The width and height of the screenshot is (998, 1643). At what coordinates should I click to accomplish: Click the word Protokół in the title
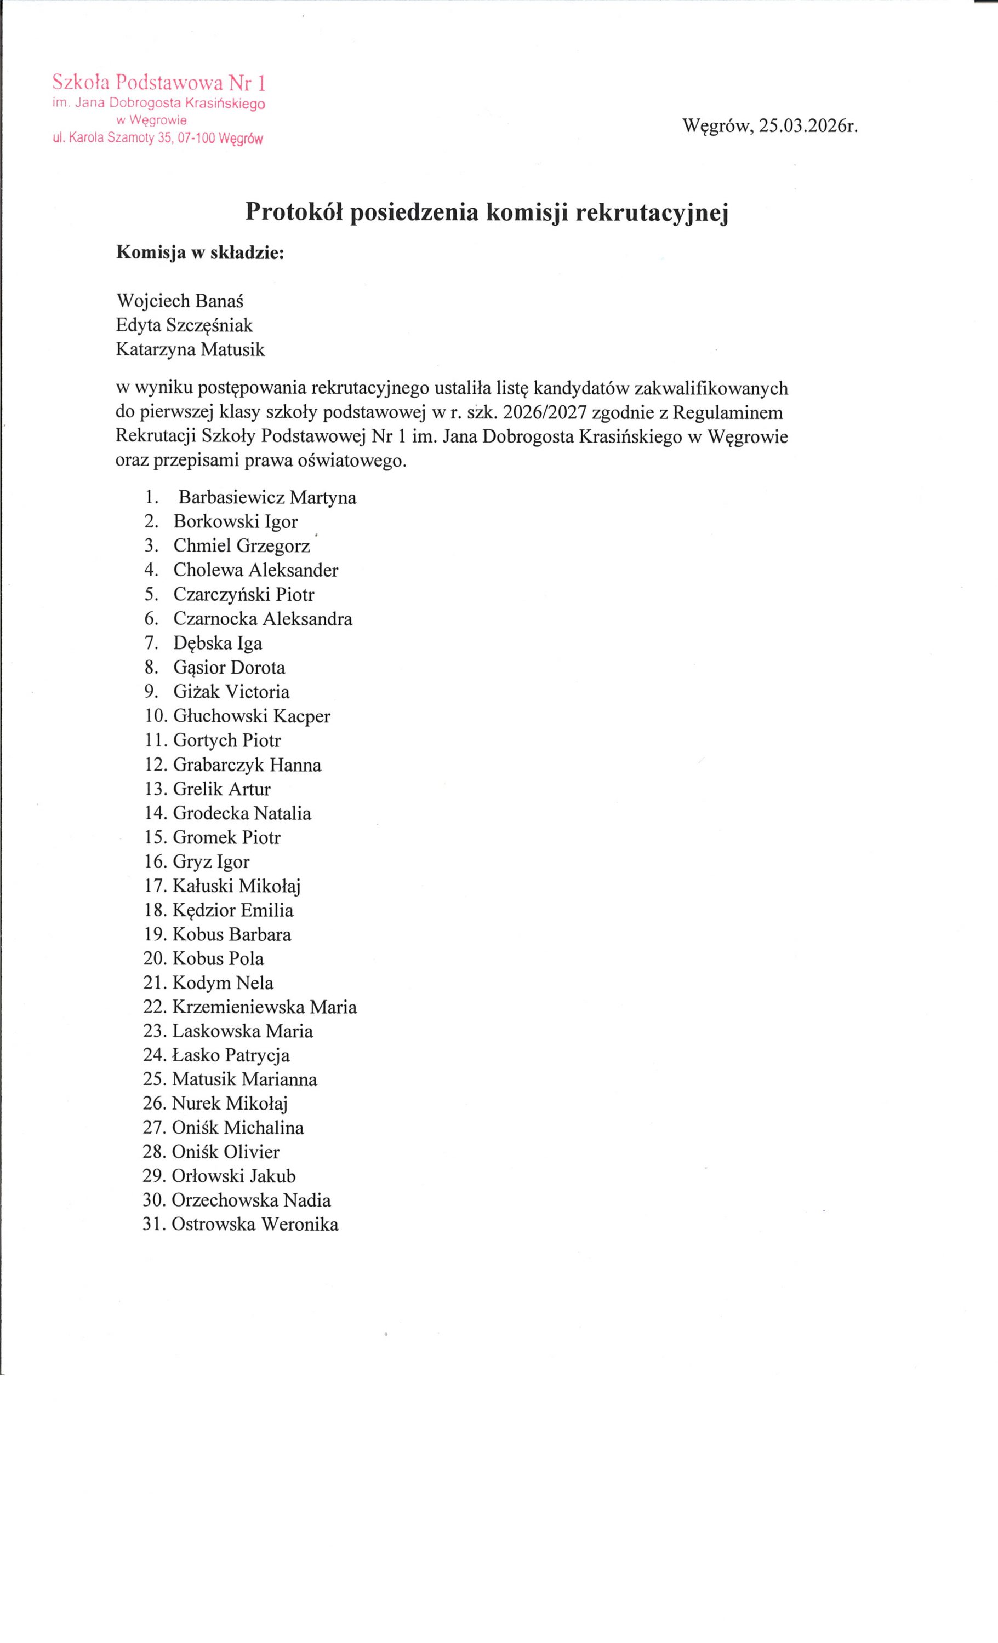coord(294,211)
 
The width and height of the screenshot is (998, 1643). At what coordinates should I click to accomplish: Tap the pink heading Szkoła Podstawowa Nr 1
coord(159,83)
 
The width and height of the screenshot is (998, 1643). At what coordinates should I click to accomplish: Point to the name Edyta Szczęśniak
coord(184,325)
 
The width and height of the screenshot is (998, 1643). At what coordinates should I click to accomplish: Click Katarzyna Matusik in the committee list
coord(190,349)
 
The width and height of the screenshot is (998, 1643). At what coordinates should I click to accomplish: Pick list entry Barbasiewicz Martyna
coord(267,497)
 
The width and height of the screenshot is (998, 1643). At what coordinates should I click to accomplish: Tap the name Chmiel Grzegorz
coord(242,546)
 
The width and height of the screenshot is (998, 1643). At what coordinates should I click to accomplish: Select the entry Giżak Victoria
coord(231,692)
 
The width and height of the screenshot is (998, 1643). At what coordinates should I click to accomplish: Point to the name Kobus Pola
coord(218,958)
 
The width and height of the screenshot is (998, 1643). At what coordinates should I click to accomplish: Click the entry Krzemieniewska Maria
coord(264,1007)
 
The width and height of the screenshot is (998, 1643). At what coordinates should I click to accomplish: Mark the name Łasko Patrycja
coord(231,1055)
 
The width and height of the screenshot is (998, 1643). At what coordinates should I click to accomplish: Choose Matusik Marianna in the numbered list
coord(244,1079)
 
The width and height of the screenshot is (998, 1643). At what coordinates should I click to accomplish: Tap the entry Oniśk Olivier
coord(225,1152)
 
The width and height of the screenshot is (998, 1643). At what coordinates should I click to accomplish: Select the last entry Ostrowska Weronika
coord(255,1224)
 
